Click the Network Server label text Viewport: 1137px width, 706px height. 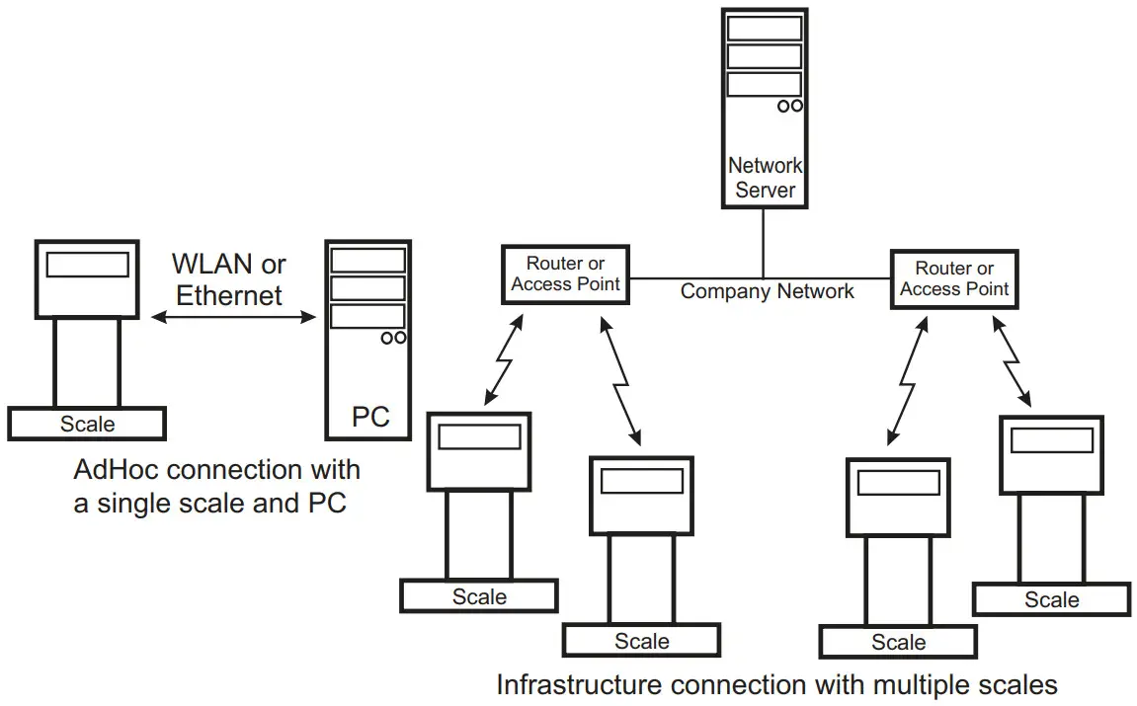(x=765, y=177)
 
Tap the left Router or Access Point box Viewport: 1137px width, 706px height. (x=565, y=274)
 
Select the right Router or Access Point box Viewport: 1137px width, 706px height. (x=954, y=279)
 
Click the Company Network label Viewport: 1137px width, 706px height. (x=767, y=291)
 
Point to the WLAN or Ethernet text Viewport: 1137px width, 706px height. (x=229, y=279)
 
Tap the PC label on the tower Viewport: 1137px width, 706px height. (x=370, y=417)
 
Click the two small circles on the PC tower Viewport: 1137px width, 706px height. (x=393, y=338)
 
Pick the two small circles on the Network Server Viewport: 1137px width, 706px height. (x=788, y=105)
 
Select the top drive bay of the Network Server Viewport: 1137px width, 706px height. (x=764, y=28)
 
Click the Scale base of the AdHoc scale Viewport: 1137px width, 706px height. (x=87, y=424)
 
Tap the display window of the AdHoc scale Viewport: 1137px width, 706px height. (x=88, y=265)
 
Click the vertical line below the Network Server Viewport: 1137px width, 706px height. (x=763, y=242)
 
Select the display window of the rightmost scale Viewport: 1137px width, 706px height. (x=1050, y=441)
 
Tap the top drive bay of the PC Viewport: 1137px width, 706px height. (x=368, y=261)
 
